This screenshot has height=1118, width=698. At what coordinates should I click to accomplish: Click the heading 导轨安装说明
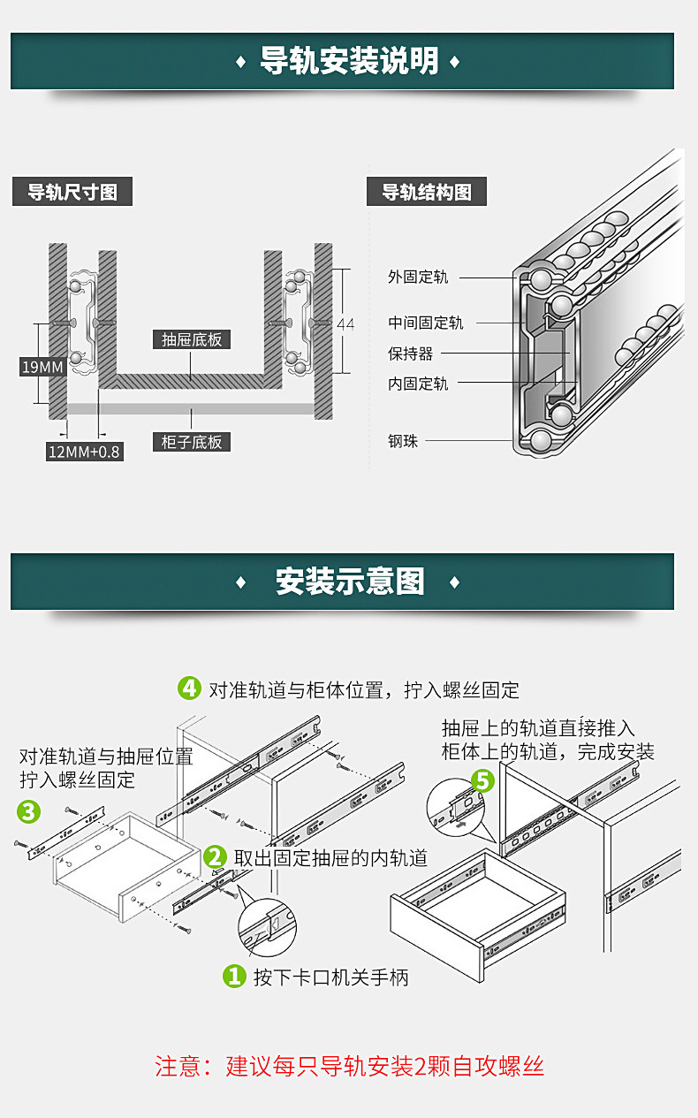point(349,62)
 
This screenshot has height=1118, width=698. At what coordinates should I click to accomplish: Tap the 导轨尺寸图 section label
point(72,192)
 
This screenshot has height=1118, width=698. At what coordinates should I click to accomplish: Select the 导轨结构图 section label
point(426,192)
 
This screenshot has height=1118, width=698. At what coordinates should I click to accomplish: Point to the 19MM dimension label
point(42,366)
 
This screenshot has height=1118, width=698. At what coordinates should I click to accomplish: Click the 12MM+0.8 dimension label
point(84,452)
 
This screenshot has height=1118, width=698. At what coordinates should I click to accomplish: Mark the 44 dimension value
point(345,324)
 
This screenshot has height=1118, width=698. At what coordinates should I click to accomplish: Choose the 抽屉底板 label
point(192,339)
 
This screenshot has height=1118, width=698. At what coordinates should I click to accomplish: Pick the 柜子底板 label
point(192,441)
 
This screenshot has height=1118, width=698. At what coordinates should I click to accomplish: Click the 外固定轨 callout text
point(418,277)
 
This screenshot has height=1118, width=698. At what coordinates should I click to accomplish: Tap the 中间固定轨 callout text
point(425,323)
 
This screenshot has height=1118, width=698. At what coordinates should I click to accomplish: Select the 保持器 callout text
point(411,354)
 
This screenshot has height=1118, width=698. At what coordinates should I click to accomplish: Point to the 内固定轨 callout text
point(418,384)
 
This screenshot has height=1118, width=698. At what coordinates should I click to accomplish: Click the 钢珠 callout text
point(403,440)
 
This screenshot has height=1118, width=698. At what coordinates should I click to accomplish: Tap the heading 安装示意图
point(349,582)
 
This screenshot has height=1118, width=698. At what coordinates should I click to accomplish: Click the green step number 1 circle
point(233,976)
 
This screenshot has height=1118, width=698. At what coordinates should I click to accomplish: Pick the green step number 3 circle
point(28,810)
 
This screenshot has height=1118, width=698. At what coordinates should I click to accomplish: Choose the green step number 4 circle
point(189,688)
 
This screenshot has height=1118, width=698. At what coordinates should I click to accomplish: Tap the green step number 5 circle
point(482,780)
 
